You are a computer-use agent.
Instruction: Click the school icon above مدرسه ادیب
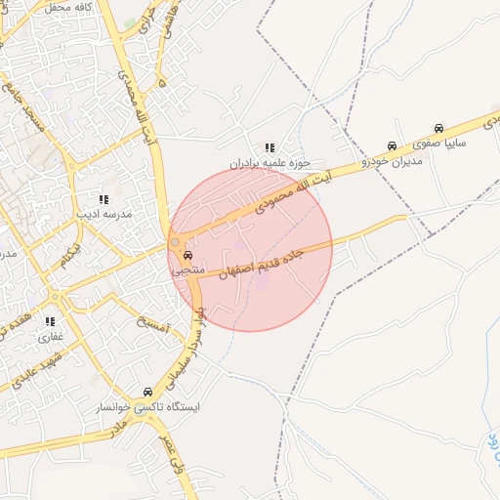[103, 198]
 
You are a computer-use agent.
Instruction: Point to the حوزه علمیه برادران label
[271, 164]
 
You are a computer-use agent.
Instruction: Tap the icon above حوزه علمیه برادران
[270, 148]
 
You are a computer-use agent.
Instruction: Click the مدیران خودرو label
[392, 159]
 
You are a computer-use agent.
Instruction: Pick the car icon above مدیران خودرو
[392, 145]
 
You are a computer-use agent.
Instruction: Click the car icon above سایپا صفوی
[439, 128]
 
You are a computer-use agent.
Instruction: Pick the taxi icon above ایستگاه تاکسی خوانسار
[148, 392]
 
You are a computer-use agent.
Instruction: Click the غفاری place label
[50, 335]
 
